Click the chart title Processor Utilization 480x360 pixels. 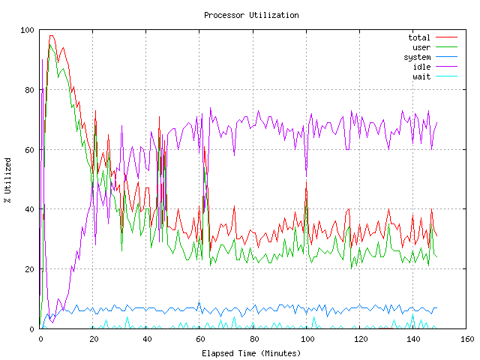pyautogui.click(x=251, y=15)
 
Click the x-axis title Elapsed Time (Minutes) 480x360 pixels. pyautogui.click(x=251, y=352)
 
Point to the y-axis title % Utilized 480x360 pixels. pyautogui.click(x=7, y=180)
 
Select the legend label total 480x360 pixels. pyautogui.click(x=419, y=37)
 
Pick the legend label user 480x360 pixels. pyautogui.click(x=421, y=47)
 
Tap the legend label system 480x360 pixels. pyautogui.click(x=417, y=57)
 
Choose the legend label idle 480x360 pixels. pyautogui.click(x=421, y=67)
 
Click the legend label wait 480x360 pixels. pyautogui.click(x=421, y=76)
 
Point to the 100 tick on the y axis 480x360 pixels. pyautogui.click(x=28, y=30)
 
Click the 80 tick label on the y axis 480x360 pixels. pyautogui.click(x=30, y=90)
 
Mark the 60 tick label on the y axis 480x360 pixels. pyautogui.click(x=30, y=150)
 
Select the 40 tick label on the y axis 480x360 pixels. pyautogui.click(x=30, y=209)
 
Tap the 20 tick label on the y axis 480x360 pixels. pyautogui.click(x=30, y=269)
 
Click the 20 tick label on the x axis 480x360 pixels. pyautogui.click(x=94, y=340)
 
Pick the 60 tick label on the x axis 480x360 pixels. pyautogui.click(x=200, y=340)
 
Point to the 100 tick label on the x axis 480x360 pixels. pyautogui.click(x=307, y=340)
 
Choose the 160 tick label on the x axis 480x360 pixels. pyautogui.click(x=466, y=340)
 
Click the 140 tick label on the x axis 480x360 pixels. pyautogui.click(x=413, y=340)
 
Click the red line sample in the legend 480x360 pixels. pyautogui.click(x=446, y=37)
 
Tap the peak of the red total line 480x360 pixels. pyautogui.click(x=51, y=35)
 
